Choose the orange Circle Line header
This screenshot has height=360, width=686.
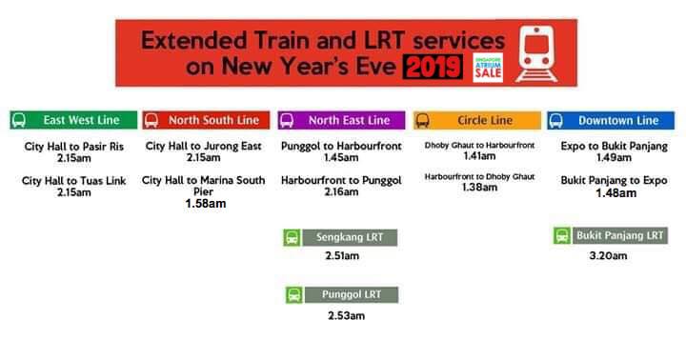(x=474, y=121)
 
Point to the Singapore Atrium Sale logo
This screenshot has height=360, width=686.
(x=489, y=67)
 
